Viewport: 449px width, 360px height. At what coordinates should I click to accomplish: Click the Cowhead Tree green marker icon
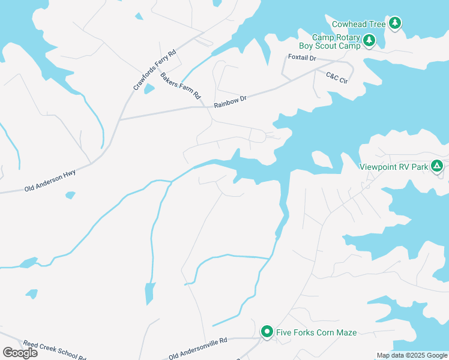tap(395, 23)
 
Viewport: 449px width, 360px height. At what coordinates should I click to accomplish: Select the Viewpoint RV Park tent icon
tap(438, 166)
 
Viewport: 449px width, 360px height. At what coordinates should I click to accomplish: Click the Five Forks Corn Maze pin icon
tap(267, 332)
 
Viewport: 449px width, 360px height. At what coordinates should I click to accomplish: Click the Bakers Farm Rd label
tap(180, 86)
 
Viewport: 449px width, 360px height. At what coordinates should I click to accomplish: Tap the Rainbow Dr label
tap(231, 102)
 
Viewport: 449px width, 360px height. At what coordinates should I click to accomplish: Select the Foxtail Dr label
tap(301, 58)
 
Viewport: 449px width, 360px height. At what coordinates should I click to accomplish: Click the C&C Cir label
tap(337, 79)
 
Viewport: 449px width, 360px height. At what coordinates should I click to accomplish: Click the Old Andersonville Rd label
tap(197, 349)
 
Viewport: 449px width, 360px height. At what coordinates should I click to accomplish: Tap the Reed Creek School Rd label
tap(54, 350)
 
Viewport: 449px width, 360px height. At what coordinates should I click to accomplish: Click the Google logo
tap(20, 353)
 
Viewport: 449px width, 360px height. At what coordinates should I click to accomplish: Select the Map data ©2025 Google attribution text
tap(412, 355)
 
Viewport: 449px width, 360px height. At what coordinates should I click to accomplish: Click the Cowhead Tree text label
tap(359, 24)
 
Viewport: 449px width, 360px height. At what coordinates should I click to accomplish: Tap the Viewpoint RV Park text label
tap(394, 167)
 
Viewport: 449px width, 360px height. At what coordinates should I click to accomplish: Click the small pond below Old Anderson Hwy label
tap(71, 195)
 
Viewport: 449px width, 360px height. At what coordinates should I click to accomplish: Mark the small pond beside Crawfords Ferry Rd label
tap(149, 89)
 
